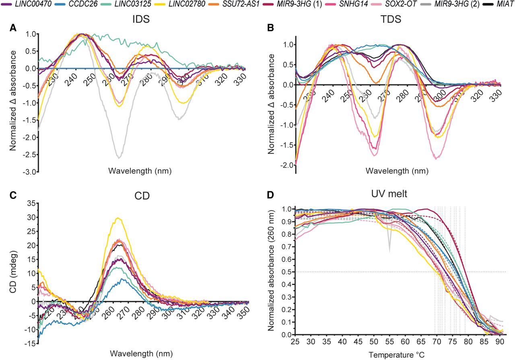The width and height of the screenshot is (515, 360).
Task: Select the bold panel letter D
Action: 271,196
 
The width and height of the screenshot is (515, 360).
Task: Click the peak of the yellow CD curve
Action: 117,218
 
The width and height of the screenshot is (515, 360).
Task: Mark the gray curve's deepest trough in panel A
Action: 119,157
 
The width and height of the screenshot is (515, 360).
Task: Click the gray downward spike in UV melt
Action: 389,252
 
